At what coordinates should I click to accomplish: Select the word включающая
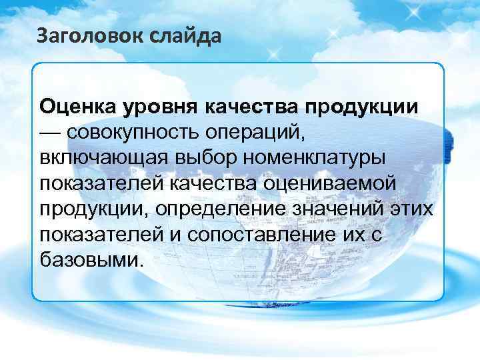pos(98,158)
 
